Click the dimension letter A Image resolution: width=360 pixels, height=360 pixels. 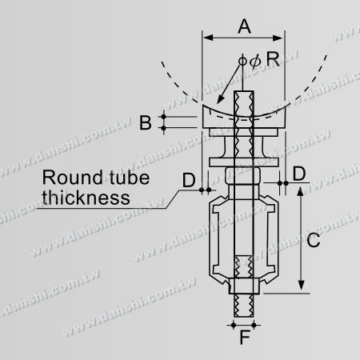245,26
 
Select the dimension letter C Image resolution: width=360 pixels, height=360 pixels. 314,239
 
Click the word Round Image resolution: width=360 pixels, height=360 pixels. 70,178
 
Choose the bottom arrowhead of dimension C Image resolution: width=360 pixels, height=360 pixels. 301,289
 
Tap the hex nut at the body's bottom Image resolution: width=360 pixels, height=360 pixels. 244,289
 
